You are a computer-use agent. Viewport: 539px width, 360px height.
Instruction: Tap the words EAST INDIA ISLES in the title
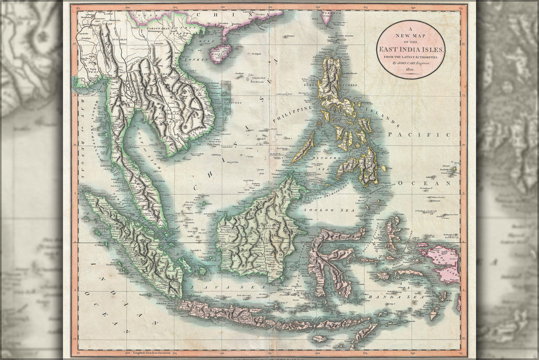[412, 49]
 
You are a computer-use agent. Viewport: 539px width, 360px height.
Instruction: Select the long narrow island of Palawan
[303, 147]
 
